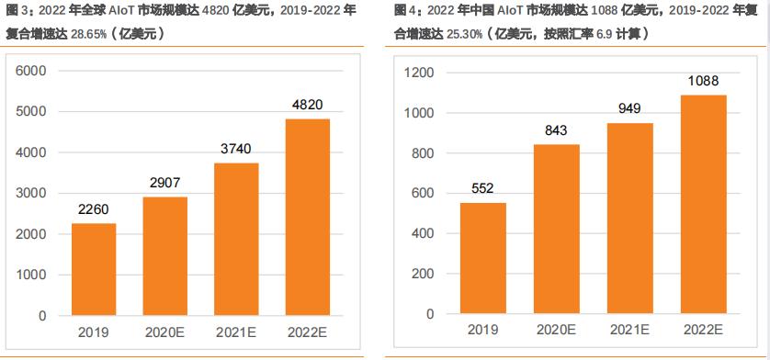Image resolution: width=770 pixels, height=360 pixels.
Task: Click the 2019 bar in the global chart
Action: (x=94, y=269)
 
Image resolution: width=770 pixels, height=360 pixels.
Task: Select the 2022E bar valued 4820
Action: (x=306, y=217)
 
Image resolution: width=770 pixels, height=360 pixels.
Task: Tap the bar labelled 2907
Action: (x=164, y=255)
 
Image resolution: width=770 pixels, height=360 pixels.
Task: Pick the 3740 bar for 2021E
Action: (x=236, y=239)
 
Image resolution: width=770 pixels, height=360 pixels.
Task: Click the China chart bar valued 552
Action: (x=482, y=258)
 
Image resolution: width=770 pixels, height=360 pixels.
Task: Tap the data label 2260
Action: (x=94, y=209)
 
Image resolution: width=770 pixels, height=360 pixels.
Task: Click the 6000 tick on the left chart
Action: (x=30, y=71)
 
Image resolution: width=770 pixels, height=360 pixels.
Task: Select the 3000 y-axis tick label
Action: (x=30, y=193)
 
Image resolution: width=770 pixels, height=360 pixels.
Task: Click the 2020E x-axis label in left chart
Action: (x=164, y=332)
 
